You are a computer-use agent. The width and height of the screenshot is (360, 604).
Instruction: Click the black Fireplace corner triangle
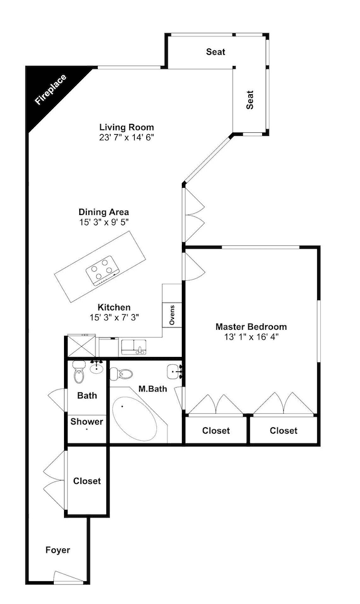(x=46, y=91)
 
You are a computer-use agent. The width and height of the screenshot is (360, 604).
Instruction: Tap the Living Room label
(x=127, y=127)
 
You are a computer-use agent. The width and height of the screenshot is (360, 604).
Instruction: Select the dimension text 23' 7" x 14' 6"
(x=127, y=138)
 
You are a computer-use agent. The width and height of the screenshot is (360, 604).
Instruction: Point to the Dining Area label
(x=103, y=212)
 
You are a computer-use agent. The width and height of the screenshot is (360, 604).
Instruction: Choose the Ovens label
(x=172, y=315)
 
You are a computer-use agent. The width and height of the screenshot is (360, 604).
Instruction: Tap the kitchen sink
(x=133, y=347)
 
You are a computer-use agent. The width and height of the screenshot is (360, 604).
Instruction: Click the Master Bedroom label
(x=251, y=327)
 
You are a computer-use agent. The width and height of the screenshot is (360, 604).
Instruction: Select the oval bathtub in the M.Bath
(x=135, y=419)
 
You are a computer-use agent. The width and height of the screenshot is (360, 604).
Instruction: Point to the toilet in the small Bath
(x=79, y=373)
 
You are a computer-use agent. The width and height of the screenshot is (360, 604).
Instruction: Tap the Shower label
(x=86, y=422)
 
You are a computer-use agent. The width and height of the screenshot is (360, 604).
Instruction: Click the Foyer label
(x=58, y=550)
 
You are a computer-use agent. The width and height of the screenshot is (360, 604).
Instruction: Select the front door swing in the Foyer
(x=68, y=577)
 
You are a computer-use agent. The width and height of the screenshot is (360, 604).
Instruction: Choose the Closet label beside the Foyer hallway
(x=87, y=481)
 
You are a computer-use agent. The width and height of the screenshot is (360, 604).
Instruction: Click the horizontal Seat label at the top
(x=216, y=51)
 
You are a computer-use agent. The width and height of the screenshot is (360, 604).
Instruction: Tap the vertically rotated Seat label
(x=250, y=100)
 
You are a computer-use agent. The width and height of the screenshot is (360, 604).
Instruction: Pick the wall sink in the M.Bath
(x=175, y=371)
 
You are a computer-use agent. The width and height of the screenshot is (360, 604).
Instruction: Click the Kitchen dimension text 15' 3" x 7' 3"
(x=114, y=318)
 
